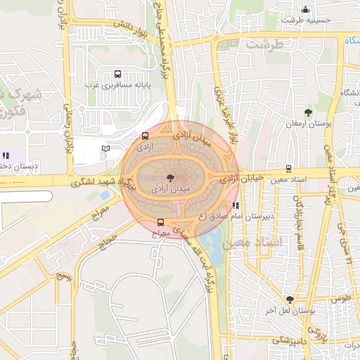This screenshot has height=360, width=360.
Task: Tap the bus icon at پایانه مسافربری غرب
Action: pos(117,74)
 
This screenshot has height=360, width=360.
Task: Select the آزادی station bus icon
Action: pos(145,136)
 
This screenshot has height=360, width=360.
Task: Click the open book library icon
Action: pos(105,148)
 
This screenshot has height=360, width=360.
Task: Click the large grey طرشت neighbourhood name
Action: pos(263,44)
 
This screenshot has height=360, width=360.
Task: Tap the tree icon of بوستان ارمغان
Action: pos(308,112)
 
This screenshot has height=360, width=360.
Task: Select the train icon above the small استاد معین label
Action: pos(288,169)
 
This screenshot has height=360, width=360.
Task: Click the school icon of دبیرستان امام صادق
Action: pos(236,206)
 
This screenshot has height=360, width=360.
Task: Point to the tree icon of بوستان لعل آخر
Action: pos(290,300)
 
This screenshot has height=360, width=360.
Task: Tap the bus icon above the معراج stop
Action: pos(161,222)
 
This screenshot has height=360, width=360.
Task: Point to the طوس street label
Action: pos(340,297)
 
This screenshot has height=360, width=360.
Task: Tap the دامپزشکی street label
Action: pos(287,340)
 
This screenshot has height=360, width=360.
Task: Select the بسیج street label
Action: pos(64,271)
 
